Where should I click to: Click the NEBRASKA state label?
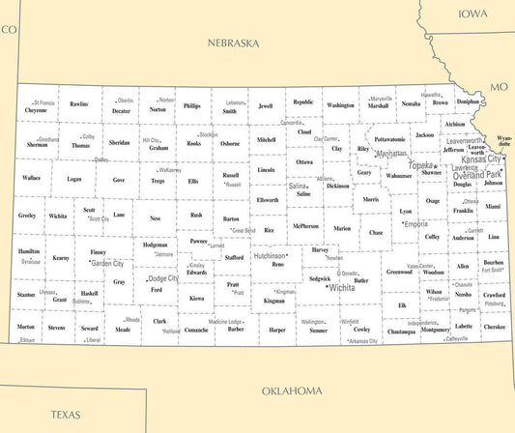[234, 43]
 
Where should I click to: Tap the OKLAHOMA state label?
[292, 391]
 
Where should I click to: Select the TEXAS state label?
[66, 415]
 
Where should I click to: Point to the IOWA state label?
[473, 14]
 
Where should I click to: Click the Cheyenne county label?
[36, 110]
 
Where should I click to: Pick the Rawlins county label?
[79, 103]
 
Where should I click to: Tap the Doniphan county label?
[468, 101]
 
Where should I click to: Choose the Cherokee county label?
[494, 327]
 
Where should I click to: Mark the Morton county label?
[26, 327]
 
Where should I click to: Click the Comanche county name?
[197, 330]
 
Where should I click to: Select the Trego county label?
[157, 181]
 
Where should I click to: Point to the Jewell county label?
[266, 105]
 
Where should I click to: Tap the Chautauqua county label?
[401, 332]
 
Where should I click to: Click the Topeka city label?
[422, 166]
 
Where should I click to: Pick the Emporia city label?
[415, 224]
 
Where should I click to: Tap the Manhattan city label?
[391, 154]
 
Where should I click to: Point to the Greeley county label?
[26, 215]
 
